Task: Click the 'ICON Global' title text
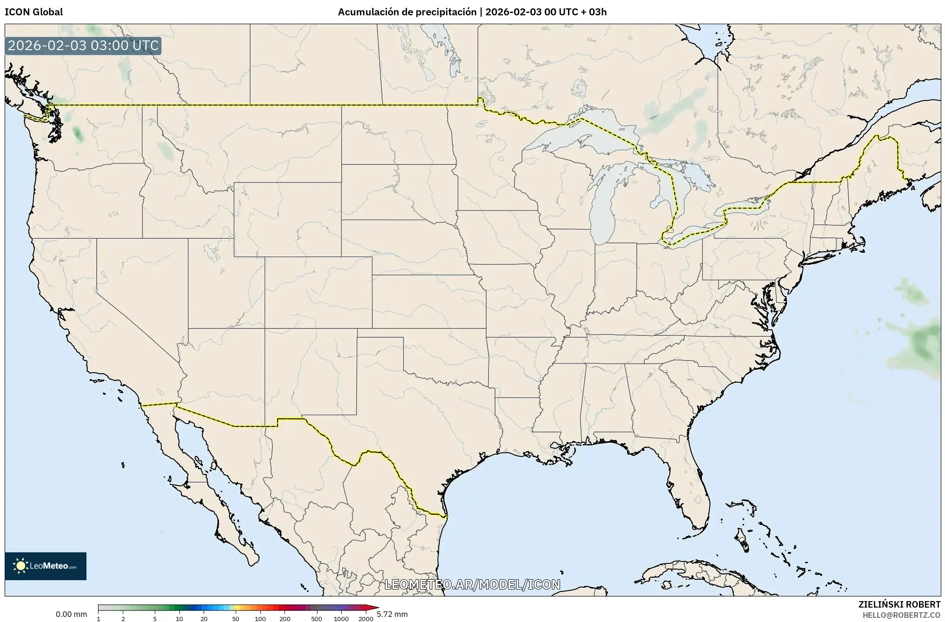[33, 12]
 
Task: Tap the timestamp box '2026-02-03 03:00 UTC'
[83, 46]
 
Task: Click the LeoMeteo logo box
[46, 566]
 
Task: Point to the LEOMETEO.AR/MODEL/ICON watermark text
[472, 584]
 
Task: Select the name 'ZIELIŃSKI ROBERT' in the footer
[899, 604]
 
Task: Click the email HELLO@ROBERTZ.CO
[901, 615]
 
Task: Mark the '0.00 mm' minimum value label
[71, 614]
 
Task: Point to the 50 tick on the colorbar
[236, 618]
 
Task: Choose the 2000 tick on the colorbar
[366, 618]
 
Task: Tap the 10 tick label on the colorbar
[179, 618]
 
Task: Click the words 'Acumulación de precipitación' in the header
[407, 12]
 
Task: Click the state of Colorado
[318, 293]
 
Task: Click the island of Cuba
[688, 574]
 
